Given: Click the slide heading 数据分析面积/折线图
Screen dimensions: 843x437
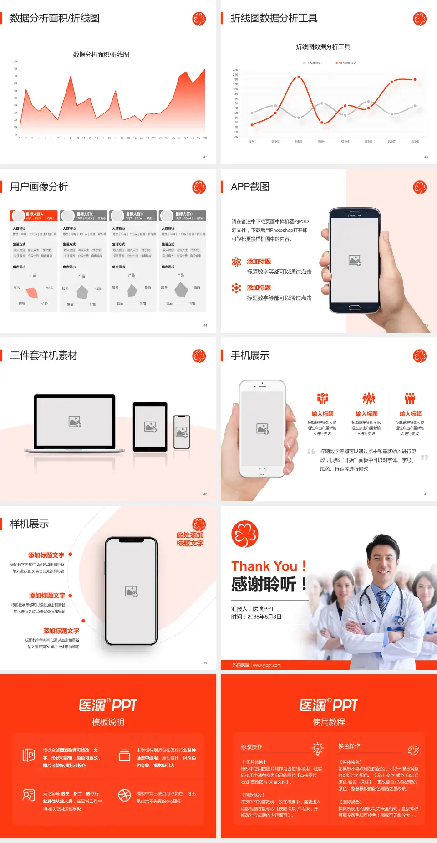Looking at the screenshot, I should click(x=55, y=18).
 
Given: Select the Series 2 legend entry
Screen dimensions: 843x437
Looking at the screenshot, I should click(x=346, y=63).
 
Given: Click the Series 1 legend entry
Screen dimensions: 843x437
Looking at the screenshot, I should click(x=313, y=63).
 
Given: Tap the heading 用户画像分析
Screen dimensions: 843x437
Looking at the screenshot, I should click(x=39, y=187).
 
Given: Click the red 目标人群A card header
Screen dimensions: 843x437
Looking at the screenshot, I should click(x=34, y=216).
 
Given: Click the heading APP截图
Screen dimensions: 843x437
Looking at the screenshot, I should click(x=250, y=187).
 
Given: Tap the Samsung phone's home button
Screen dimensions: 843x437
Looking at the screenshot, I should click(x=354, y=308).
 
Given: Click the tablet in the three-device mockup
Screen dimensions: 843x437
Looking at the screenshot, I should click(x=150, y=427).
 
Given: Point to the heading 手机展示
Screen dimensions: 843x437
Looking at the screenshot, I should click(x=250, y=355).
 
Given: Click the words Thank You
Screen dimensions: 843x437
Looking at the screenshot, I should click(x=264, y=566).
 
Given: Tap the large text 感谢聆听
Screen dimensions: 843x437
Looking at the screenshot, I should click(x=264, y=584).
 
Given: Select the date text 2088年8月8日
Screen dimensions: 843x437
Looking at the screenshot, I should click(x=264, y=617).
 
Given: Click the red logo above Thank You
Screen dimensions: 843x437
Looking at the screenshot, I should click(x=244, y=534).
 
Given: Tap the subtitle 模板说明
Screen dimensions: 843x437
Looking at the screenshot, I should click(x=108, y=722).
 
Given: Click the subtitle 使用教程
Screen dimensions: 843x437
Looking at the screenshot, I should click(x=329, y=722).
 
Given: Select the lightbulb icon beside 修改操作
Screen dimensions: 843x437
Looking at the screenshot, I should click(x=317, y=748).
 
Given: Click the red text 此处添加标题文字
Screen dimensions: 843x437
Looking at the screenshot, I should click(x=190, y=539).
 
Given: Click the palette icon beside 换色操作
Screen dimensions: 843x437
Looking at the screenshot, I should click(x=413, y=750).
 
